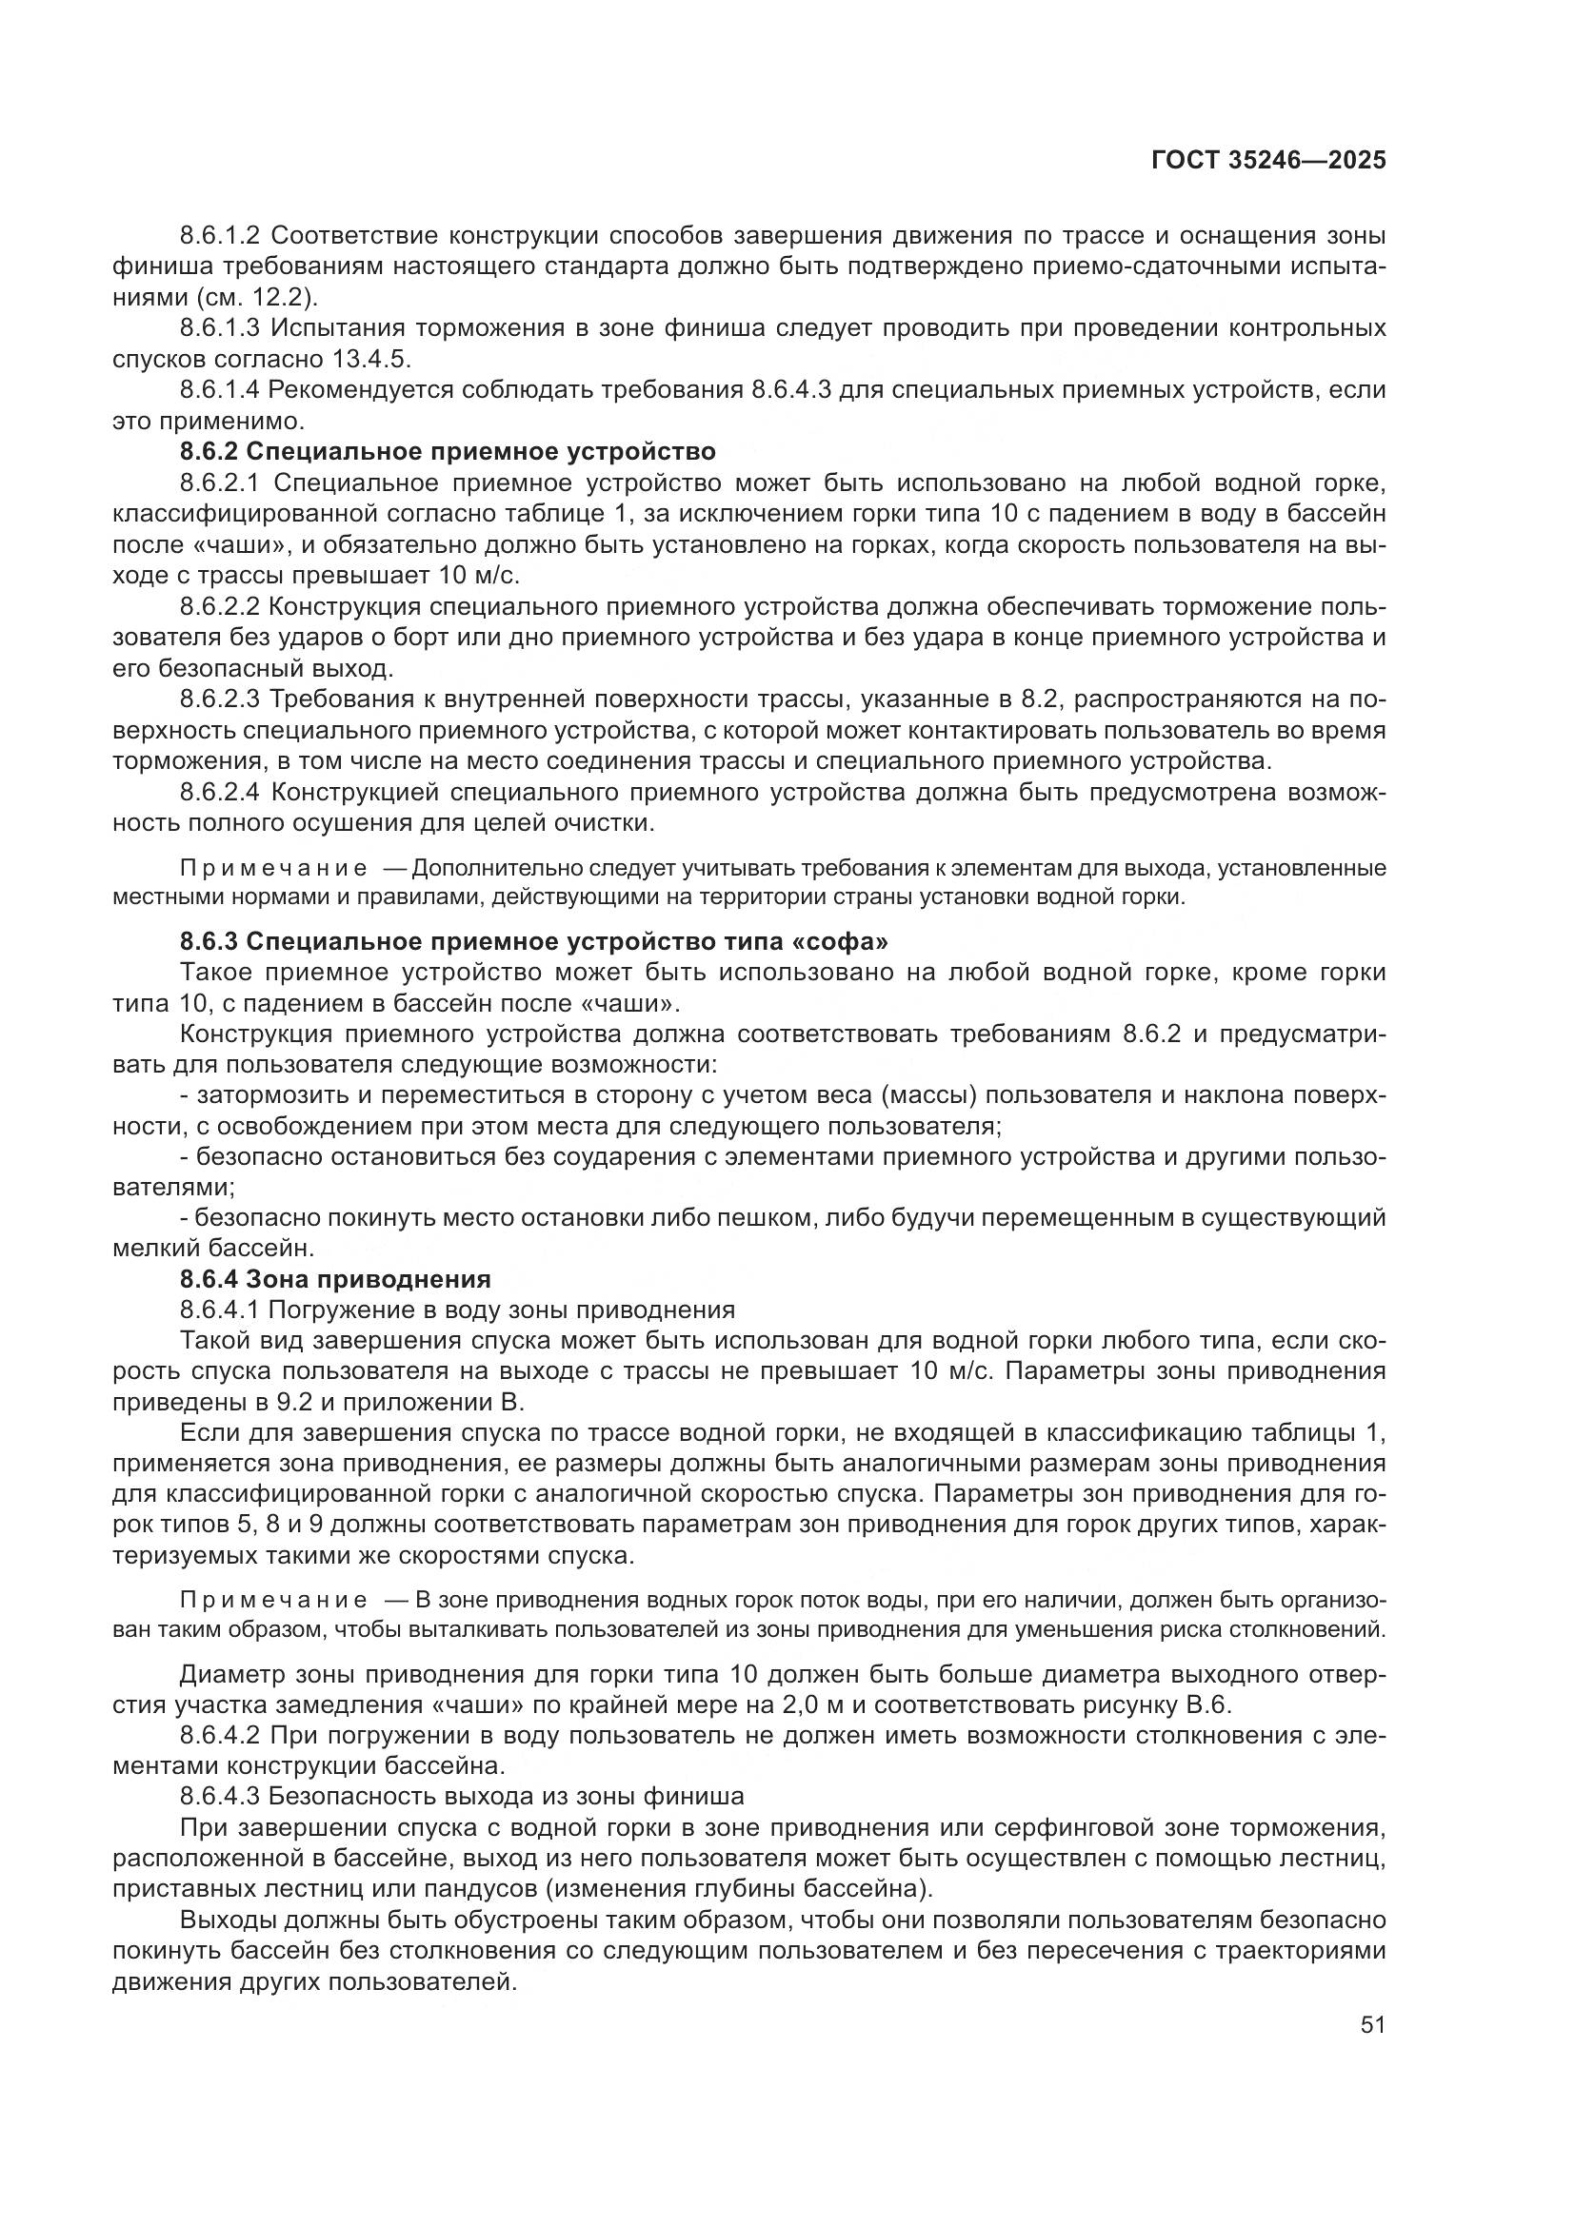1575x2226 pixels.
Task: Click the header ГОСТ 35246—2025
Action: click(1268, 161)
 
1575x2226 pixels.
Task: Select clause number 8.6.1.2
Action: click(220, 236)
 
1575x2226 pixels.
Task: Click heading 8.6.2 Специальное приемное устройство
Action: click(448, 452)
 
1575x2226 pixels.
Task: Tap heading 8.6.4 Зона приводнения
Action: click(334, 1279)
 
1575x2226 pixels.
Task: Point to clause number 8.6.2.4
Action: click(220, 793)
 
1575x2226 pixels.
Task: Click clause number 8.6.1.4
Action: click(220, 391)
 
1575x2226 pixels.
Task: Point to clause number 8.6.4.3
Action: click(220, 1797)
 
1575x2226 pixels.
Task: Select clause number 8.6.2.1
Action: click(220, 483)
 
